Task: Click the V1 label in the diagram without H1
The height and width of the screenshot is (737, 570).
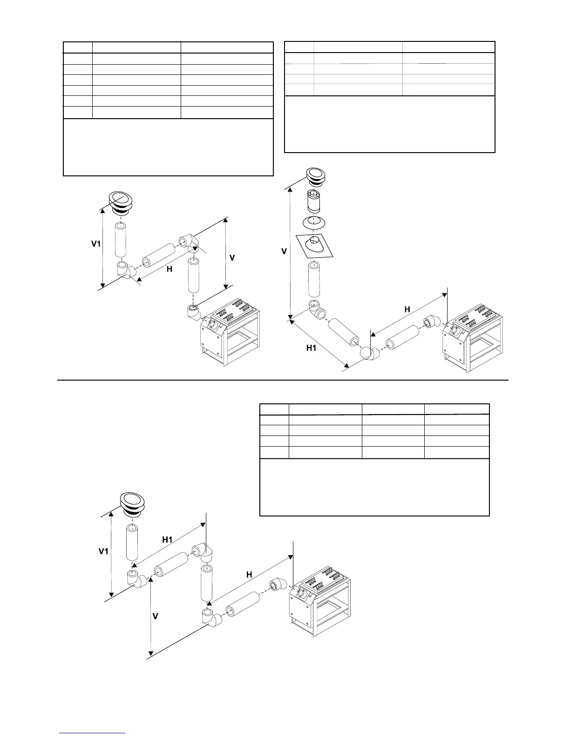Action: (95, 243)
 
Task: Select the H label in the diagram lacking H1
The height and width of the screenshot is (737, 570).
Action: (170, 269)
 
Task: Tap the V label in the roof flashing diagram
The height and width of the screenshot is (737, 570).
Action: (284, 251)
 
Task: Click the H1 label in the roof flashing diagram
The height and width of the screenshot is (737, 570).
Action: (312, 348)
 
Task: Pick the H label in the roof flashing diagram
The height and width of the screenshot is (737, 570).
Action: (407, 309)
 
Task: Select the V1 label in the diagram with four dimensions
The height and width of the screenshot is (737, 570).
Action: (103, 551)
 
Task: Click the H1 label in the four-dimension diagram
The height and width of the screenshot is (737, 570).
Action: (167, 540)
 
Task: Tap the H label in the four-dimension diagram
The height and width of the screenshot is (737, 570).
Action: (249, 575)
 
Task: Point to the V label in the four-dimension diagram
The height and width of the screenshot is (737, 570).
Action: (156, 616)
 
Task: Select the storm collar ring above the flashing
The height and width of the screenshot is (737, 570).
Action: (314, 222)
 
